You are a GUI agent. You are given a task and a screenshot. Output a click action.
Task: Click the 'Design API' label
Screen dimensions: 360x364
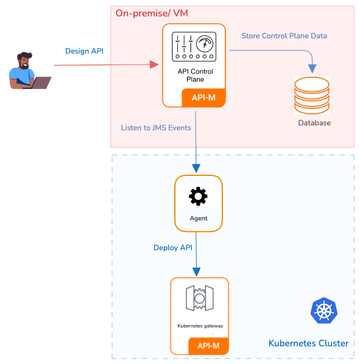pyautogui.click(x=84, y=51)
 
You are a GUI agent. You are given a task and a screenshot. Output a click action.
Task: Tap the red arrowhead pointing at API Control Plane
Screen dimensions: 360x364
pyautogui.click(x=154, y=65)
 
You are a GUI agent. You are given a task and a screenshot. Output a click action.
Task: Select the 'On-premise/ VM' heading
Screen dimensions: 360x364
pyautogui.click(x=152, y=13)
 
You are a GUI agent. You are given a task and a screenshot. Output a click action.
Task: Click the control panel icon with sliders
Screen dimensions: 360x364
pyautogui.click(x=194, y=47)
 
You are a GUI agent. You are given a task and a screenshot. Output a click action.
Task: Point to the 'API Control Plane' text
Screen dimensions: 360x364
pyautogui.click(x=195, y=75)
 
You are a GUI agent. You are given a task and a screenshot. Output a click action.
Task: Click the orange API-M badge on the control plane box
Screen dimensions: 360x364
pyautogui.click(x=203, y=98)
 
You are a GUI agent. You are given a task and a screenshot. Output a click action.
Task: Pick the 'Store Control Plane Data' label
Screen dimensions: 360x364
pyautogui.click(x=284, y=36)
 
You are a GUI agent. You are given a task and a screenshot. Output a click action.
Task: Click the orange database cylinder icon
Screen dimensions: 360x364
pyautogui.click(x=312, y=96)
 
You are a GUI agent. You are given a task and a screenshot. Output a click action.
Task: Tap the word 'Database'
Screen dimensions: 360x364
pyautogui.click(x=314, y=123)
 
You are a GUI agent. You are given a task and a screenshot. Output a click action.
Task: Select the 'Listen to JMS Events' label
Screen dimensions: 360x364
pyautogui.click(x=156, y=128)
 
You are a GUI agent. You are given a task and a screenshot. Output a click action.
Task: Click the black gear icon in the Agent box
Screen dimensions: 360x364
pyautogui.click(x=198, y=197)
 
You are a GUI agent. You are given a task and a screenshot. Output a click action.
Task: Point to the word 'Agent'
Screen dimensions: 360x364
pyautogui.click(x=199, y=218)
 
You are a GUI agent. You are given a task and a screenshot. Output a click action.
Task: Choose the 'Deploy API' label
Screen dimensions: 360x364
pyautogui.click(x=173, y=248)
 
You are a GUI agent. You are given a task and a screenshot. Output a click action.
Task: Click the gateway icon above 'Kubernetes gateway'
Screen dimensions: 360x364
pyautogui.click(x=200, y=298)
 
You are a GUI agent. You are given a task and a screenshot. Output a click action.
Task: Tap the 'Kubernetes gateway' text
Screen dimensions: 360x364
pyautogui.click(x=200, y=326)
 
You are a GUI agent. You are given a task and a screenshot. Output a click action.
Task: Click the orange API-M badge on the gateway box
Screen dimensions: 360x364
pyautogui.click(x=208, y=346)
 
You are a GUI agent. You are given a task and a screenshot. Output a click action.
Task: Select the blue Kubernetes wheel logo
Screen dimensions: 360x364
pyautogui.click(x=324, y=310)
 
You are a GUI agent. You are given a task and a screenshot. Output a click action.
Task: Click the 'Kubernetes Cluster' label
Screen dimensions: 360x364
pyautogui.click(x=308, y=343)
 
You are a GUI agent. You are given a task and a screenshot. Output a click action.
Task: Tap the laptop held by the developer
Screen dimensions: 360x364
pyautogui.click(x=40, y=83)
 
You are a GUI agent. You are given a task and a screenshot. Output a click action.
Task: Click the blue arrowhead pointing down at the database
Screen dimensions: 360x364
pyautogui.click(x=312, y=69)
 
